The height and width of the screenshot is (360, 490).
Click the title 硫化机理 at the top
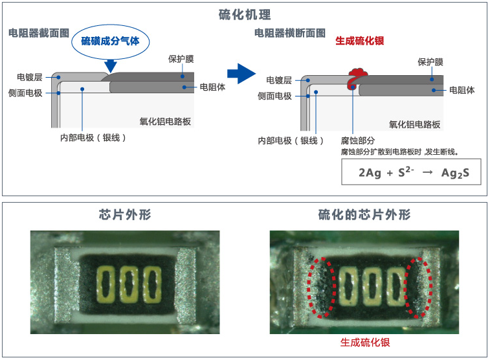245,14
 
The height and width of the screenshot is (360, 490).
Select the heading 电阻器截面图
39,32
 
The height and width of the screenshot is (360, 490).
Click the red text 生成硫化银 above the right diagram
360,41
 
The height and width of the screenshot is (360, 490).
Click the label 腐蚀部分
358,141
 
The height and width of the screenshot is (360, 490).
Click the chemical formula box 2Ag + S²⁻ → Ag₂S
411,172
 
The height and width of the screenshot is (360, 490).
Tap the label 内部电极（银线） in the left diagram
92,138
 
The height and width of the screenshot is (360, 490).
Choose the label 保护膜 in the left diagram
181,59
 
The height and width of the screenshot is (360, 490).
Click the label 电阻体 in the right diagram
462,90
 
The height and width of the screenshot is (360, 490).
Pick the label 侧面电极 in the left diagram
26,93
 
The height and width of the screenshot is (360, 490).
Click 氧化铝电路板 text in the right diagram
414,124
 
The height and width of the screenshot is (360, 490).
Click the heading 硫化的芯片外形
364,215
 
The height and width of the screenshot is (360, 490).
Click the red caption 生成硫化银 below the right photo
365,343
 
